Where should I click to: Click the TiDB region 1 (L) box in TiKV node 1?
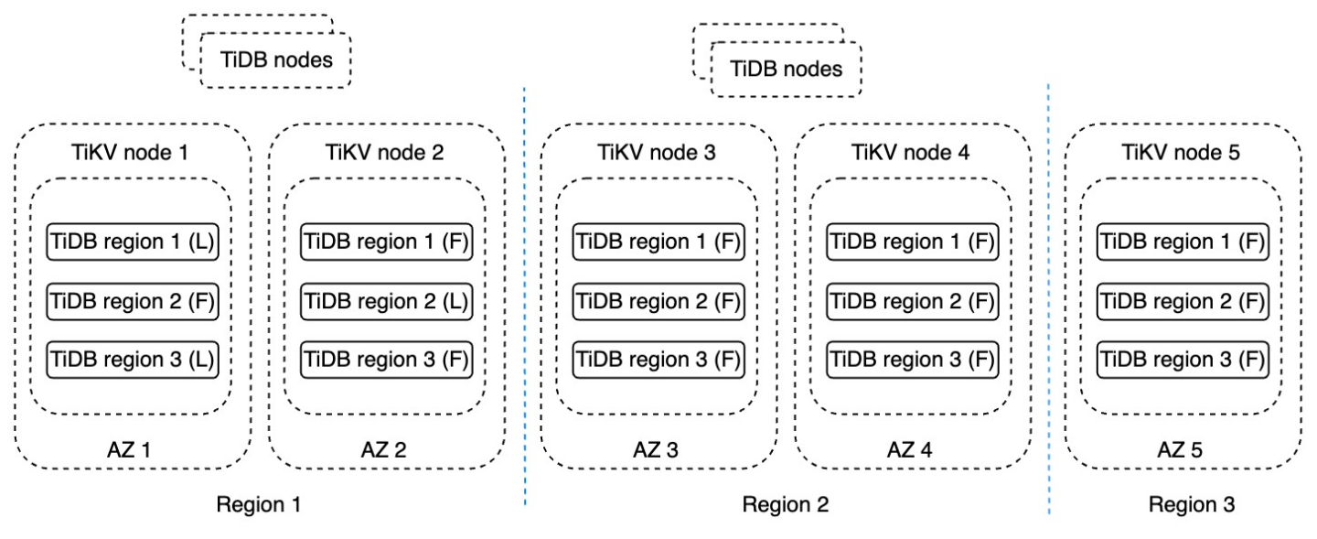pos(131,242)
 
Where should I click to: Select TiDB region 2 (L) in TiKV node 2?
pos(385,300)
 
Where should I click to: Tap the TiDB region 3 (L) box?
pos(131,359)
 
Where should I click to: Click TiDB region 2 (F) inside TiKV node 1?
pos(131,300)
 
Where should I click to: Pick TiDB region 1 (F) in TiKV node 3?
pos(658,242)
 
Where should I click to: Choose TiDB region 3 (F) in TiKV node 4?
pos(912,359)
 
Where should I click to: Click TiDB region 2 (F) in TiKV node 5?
pos(1183,300)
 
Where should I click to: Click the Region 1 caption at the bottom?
pos(258,504)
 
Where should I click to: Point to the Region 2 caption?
pos(785,504)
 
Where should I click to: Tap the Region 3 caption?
pos(1192,504)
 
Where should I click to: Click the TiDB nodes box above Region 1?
pos(274,60)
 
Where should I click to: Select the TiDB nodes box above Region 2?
pos(786,69)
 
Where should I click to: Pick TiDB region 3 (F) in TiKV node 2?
pos(385,359)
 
